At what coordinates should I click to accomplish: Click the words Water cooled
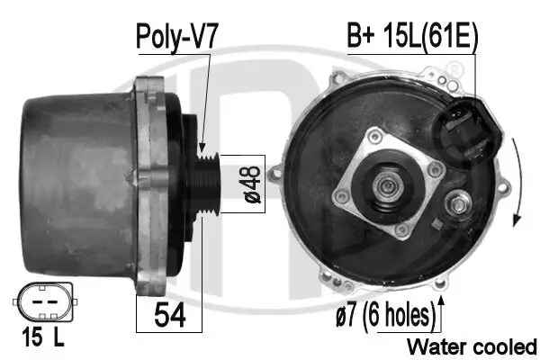click(x=472, y=346)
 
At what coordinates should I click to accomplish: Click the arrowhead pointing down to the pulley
click(x=202, y=146)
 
